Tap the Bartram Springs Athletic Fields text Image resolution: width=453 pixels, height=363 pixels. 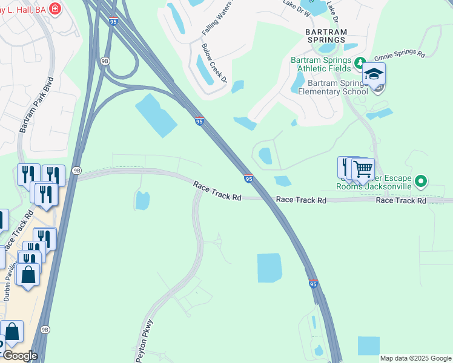(x=320, y=65)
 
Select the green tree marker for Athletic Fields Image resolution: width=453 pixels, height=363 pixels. (x=360, y=62)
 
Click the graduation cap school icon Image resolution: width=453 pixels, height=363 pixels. (x=374, y=74)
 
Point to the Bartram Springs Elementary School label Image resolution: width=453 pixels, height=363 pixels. (x=337, y=87)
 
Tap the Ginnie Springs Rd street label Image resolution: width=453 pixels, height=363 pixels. (x=399, y=53)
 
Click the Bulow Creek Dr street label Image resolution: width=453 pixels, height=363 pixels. (x=214, y=64)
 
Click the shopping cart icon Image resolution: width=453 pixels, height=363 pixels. (x=363, y=169)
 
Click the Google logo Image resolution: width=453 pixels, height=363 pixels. (x=19, y=356)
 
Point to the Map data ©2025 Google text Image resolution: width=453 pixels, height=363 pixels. (x=415, y=358)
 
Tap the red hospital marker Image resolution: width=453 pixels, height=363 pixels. (x=55, y=8)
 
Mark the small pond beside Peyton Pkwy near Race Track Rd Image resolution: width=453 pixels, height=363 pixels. (x=142, y=200)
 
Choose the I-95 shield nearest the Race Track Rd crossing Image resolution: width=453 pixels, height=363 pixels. (x=248, y=178)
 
